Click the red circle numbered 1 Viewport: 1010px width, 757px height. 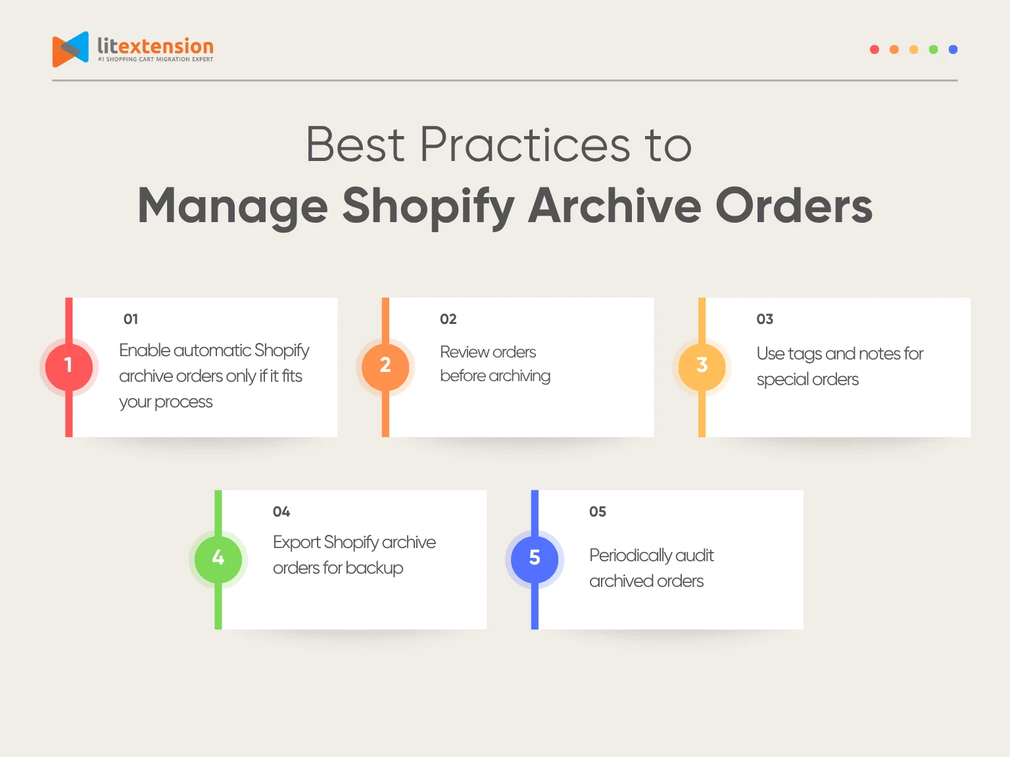coord(69,366)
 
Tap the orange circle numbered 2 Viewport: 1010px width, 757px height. coord(385,366)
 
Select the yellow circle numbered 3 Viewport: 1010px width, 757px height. coord(702,366)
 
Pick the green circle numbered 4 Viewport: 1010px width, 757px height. coord(218,559)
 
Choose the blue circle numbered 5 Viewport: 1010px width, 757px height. coord(535,559)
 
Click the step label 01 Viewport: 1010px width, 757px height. coord(131,319)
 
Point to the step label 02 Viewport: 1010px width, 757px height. coord(448,319)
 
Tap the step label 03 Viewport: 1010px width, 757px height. coord(765,319)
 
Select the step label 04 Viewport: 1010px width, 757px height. coord(281,512)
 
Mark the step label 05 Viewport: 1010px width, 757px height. coord(598,512)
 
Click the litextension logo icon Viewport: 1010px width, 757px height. coord(70,49)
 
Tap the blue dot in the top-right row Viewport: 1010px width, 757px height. coord(953,49)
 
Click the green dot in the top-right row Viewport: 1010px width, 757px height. coord(933,49)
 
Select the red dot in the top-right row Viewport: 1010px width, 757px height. coord(875,49)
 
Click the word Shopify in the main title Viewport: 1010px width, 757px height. coord(428,206)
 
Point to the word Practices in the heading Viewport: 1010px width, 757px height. coord(525,145)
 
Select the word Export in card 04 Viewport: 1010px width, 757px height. coord(297,543)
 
